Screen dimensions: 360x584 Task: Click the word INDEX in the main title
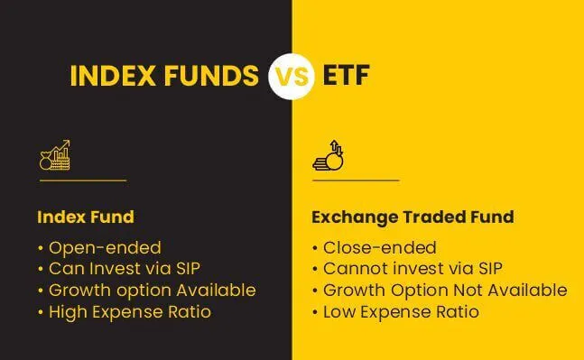[113, 77]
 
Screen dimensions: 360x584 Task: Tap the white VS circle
[292, 77]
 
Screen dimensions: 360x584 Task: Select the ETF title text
[346, 77]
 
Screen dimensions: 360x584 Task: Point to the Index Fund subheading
[85, 217]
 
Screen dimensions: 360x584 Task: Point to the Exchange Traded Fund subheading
[412, 217]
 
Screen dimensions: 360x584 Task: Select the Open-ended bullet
[99, 247]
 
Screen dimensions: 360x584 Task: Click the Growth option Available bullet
[146, 291]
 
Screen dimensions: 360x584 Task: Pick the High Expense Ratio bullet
[125, 312]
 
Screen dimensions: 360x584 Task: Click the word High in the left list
[68, 312]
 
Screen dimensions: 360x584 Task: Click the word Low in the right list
[339, 312]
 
